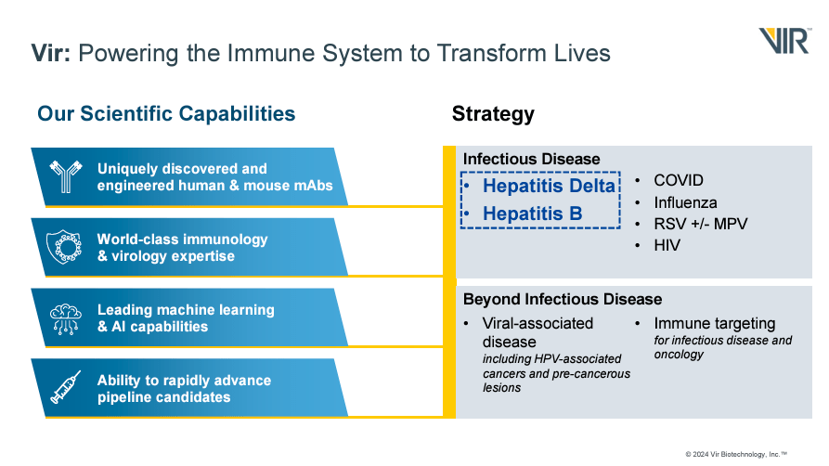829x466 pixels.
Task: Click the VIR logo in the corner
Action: click(x=784, y=41)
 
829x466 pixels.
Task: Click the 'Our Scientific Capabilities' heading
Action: click(x=166, y=114)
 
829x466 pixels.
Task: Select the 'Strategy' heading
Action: click(x=493, y=114)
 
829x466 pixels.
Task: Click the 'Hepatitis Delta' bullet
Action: click(x=549, y=187)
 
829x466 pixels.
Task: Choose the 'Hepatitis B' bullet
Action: click(x=532, y=214)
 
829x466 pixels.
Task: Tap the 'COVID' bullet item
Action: click(x=678, y=180)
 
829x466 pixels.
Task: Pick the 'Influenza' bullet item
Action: click(x=685, y=202)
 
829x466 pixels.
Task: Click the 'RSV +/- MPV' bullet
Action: click(x=700, y=224)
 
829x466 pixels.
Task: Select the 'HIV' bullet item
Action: click(x=667, y=245)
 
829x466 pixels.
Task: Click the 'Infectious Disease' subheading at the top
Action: click(x=531, y=159)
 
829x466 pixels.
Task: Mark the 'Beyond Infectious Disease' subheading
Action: click(x=563, y=299)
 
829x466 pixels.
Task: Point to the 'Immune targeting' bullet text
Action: click(x=714, y=323)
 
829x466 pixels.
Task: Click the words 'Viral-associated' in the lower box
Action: click(x=538, y=323)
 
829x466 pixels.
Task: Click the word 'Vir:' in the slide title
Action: click(x=51, y=52)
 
